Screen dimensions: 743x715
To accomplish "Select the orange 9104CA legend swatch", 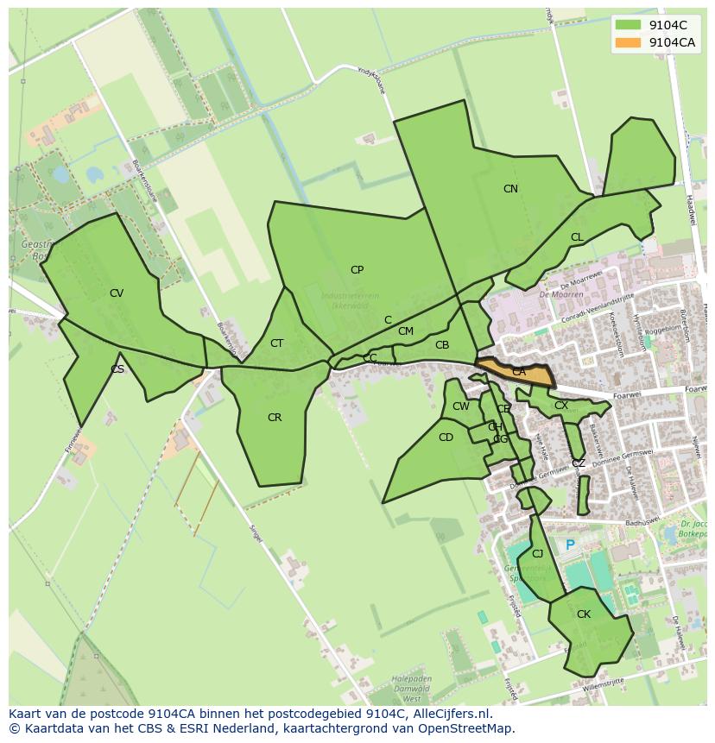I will click(628, 42).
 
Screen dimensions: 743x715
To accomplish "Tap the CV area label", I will click(117, 293).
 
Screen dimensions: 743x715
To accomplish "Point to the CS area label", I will click(117, 369).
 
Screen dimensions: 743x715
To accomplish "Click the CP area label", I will click(357, 270).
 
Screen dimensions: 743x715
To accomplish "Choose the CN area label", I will click(510, 189).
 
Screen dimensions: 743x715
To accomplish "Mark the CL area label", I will click(577, 237).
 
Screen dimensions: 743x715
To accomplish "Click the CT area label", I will click(276, 343).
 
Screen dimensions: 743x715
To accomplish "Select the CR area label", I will click(275, 418).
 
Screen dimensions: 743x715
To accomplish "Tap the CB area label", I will click(442, 345).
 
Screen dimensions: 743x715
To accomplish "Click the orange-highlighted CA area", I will click(518, 372).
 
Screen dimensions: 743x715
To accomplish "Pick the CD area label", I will click(446, 438).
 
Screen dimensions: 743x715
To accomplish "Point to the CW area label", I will click(461, 406).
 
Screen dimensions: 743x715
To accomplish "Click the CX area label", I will click(561, 406).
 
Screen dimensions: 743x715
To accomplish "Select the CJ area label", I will click(537, 554).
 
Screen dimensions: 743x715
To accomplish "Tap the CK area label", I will click(584, 614).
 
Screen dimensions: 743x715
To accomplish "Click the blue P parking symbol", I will click(570, 545).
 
